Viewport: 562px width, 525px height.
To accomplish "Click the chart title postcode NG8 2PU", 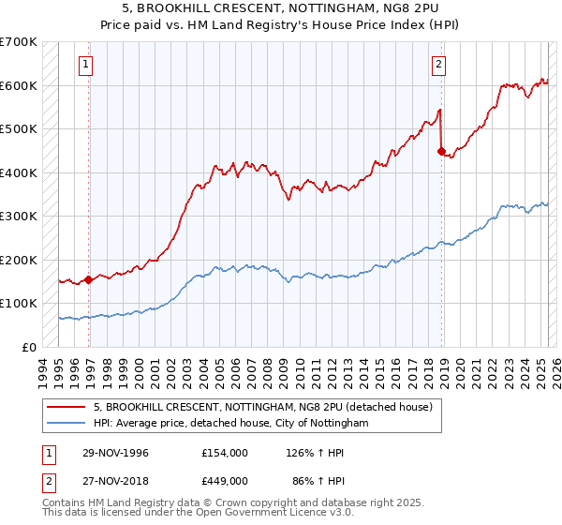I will click(x=401, y=8).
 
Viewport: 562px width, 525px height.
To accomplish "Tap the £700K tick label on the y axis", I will click(x=19, y=42).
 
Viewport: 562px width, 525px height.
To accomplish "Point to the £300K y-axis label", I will click(x=19, y=217).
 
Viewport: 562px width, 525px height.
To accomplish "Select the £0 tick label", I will click(x=29, y=347).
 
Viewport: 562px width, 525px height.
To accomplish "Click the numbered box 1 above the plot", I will click(x=85, y=65).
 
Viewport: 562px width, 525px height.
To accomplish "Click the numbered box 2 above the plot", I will click(x=437, y=65).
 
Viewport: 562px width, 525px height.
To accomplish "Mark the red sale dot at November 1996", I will click(x=88, y=278).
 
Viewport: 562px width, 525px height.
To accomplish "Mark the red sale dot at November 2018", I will click(x=440, y=150).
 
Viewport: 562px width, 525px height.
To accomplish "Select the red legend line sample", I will click(x=67, y=407).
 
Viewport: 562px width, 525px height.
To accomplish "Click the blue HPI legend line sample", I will click(x=67, y=424).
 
